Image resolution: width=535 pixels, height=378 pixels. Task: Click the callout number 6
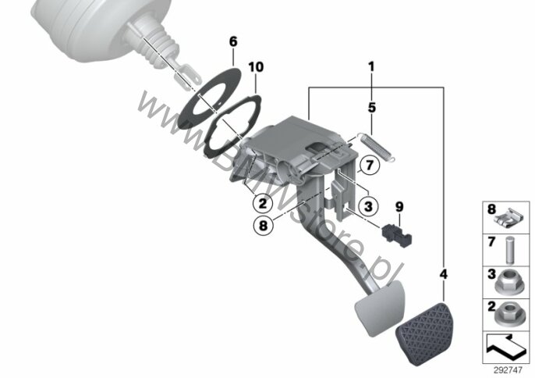tap(232, 41)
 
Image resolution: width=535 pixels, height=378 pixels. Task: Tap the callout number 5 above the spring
tap(372, 106)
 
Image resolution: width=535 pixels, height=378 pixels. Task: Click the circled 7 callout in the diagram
tap(367, 165)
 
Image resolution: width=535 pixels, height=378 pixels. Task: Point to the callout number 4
tap(444, 274)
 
